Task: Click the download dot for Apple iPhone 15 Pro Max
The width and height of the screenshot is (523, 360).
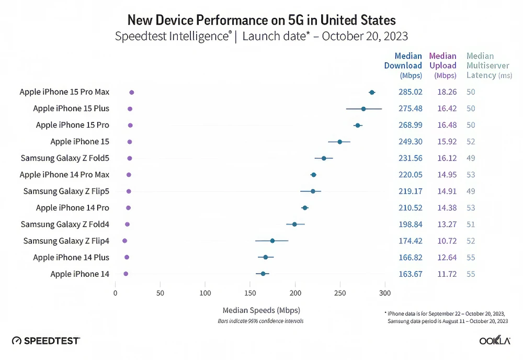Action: pyautogui.click(x=372, y=92)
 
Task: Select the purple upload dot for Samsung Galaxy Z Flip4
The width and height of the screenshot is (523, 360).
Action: pyautogui.click(x=124, y=241)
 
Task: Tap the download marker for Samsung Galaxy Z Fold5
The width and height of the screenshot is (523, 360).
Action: pyautogui.click(x=324, y=158)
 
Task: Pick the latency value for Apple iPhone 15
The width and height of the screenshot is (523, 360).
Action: pyautogui.click(x=471, y=142)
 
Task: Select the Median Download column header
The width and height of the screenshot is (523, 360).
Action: pyautogui.click(x=403, y=65)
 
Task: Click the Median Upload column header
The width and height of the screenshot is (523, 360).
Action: pyautogui.click(x=443, y=65)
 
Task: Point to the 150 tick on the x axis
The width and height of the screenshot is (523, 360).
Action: pyautogui.click(x=250, y=292)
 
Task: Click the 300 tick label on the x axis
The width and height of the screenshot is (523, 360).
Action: pyautogui.click(x=385, y=292)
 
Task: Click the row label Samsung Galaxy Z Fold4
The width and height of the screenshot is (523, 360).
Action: pyautogui.click(x=65, y=224)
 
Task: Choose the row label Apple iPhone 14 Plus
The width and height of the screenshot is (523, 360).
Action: pyautogui.click(x=71, y=257)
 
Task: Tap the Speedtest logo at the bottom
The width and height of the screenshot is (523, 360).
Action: pyautogui.click(x=46, y=341)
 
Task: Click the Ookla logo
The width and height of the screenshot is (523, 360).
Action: pyautogui.click(x=495, y=341)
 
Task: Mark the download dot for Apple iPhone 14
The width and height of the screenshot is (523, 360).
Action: pyautogui.click(x=263, y=274)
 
